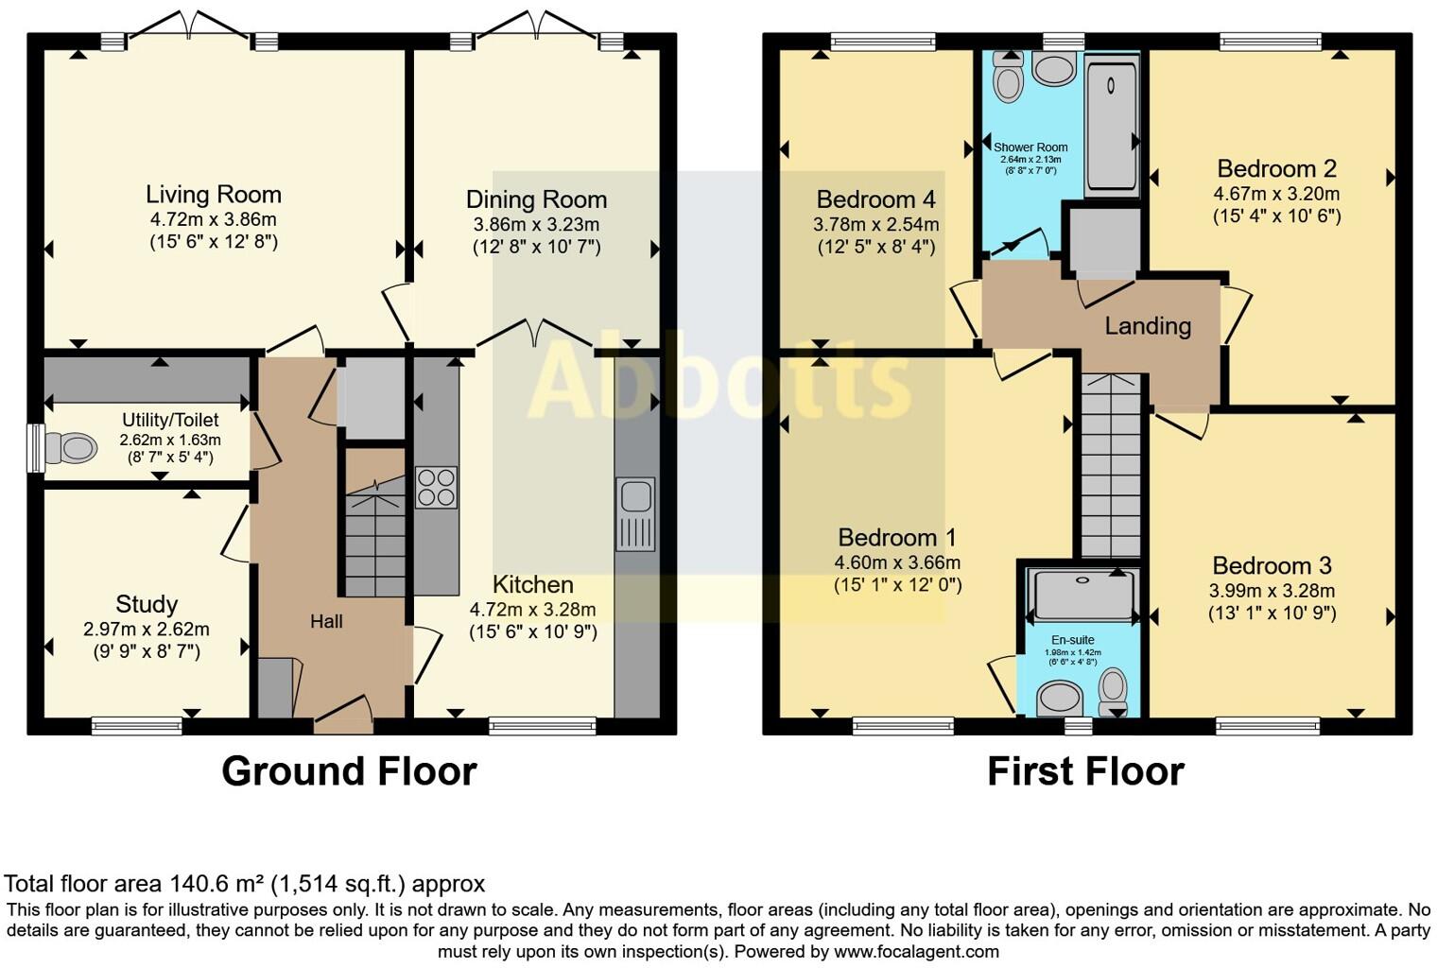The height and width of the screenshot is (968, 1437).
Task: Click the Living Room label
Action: pos(213,195)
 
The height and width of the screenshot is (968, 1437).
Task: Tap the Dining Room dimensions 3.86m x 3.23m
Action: pos(536,225)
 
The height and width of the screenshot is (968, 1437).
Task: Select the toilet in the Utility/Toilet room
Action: pos(71,447)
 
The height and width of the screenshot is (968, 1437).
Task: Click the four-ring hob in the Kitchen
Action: pos(436,488)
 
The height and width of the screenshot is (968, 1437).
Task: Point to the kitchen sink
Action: pos(635,514)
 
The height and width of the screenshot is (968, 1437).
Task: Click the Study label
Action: pos(147,604)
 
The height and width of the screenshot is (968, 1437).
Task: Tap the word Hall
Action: pos(326,621)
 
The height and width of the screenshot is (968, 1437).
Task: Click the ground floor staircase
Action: pos(375,522)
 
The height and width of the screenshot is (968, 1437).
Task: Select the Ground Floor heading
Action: pos(349,771)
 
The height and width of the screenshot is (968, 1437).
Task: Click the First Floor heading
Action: pos(1085,771)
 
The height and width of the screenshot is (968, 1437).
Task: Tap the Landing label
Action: pos(1148,326)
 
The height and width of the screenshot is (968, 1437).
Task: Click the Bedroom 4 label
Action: pos(875,199)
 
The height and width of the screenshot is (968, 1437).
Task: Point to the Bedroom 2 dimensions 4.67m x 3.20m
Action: pos(1276,194)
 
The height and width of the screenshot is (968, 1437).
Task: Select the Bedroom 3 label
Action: pos(1272,566)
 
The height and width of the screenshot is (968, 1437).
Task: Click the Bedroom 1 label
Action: pos(897,538)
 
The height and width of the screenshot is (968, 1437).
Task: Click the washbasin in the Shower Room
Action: pos(1054,70)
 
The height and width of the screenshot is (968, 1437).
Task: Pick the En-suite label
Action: pos(1073,640)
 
